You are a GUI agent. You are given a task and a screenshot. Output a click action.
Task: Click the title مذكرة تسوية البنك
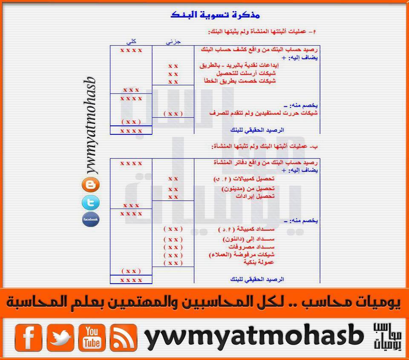(x=215, y=15)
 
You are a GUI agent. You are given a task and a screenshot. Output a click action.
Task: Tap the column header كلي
(x=131, y=41)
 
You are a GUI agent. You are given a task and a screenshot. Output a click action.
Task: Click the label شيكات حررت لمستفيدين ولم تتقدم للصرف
(x=263, y=113)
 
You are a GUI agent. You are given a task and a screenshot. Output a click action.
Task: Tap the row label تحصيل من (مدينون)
(x=248, y=189)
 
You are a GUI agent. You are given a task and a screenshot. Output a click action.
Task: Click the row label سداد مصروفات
(x=251, y=247)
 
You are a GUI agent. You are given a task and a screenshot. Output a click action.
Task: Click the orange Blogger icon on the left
(x=90, y=185)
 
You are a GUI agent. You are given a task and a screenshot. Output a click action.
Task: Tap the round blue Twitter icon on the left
(x=90, y=203)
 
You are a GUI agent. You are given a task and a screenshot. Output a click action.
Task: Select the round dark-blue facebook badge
(x=90, y=219)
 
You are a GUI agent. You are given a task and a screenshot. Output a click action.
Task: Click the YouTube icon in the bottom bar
(x=92, y=337)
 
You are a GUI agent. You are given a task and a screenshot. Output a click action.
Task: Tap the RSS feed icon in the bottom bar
(x=124, y=337)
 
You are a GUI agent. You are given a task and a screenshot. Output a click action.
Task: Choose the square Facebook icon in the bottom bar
(x=29, y=337)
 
